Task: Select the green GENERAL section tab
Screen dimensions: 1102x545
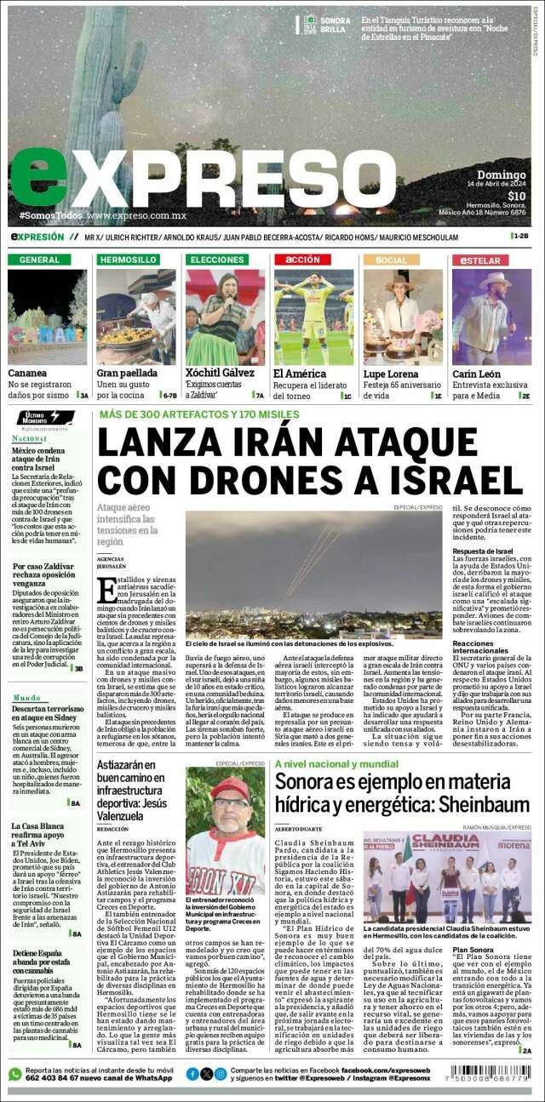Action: tap(39, 259)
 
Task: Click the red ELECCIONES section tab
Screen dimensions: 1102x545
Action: tap(219, 259)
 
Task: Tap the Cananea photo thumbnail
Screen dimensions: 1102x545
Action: tap(48, 317)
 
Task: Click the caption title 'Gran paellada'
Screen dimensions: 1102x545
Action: tap(127, 374)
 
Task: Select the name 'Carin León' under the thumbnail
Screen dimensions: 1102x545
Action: tap(476, 374)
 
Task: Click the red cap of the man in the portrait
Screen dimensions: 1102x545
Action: tap(229, 787)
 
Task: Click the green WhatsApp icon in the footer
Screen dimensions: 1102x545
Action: tap(14, 1074)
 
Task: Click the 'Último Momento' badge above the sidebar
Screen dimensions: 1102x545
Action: tap(37, 419)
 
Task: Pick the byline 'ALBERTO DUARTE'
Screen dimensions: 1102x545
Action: tap(299, 828)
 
